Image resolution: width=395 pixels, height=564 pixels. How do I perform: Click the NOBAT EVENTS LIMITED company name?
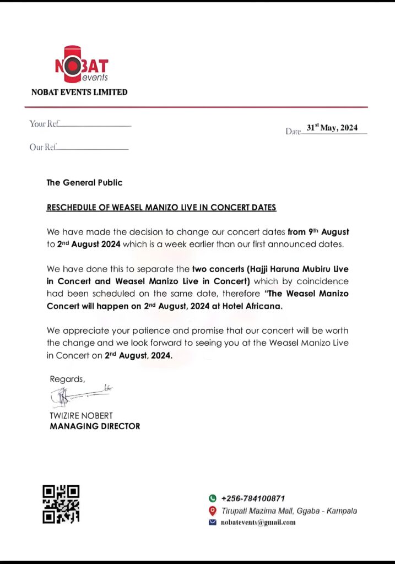[79, 92]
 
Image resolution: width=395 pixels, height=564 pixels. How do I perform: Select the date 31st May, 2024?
[332, 128]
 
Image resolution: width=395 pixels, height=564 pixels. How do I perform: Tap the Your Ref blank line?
[95, 126]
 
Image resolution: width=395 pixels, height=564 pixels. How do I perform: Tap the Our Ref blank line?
[93, 149]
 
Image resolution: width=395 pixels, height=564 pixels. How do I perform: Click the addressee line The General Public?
[84, 182]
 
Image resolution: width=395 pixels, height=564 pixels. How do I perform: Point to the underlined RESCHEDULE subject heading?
[161, 208]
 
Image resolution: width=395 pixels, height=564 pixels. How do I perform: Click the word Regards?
[67, 379]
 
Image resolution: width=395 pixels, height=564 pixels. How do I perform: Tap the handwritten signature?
[80, 395]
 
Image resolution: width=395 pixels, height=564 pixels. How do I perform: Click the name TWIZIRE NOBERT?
[81, 416]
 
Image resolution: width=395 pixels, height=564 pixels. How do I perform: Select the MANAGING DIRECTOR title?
[95, 426]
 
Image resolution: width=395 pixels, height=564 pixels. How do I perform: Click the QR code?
[61, 503]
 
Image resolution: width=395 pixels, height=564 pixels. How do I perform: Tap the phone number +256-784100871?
[253, 498]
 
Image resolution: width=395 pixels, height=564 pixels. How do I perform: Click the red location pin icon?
[213, 511]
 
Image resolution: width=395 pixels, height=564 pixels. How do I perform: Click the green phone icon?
[213, 498]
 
